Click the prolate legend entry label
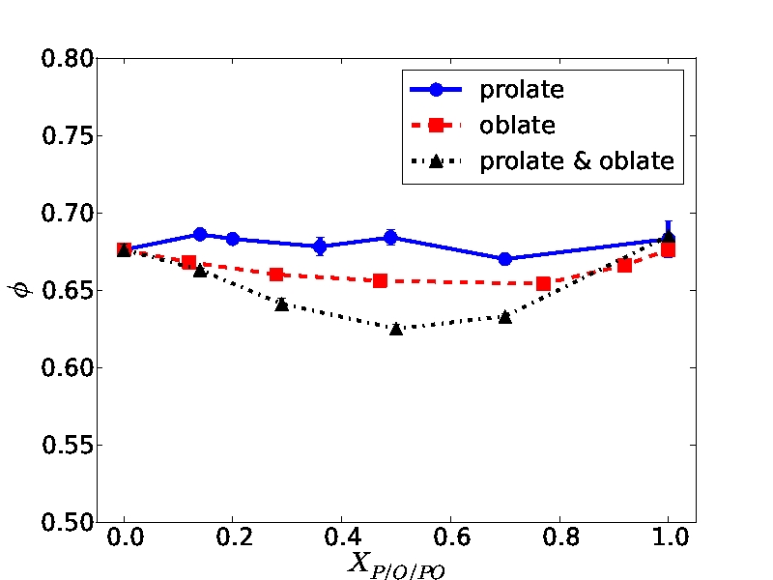[521, 91]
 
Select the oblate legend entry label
[517, 126]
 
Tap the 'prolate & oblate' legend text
[577, 160]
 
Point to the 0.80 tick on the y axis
[67, 59]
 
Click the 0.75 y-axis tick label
[67, 136]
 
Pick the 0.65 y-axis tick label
[67, 291]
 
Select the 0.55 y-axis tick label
[67, 446]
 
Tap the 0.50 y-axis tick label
[67, 523]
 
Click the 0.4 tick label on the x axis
[341, 537]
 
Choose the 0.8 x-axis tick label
[558, 537]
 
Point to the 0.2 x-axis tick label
[233, 537]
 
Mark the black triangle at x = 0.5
[396, 329]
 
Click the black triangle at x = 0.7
[505, 317]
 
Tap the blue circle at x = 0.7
[505, 259]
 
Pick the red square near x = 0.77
[543, 284]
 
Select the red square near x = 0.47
[380, 281]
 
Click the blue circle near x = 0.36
[320, 246]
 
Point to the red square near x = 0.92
[625, 265]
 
